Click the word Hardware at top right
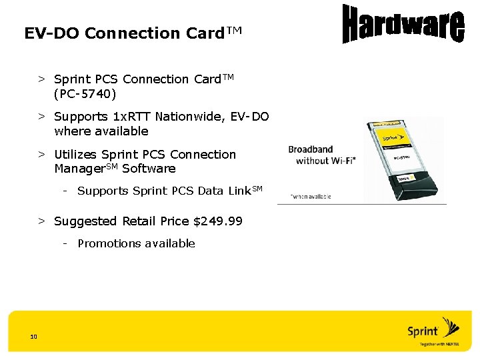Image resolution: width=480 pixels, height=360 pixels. pos(403,25)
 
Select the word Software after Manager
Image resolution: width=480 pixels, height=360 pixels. pos(149,169)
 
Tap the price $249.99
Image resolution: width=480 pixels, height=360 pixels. pos(217,221)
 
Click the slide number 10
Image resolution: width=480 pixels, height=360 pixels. pos(33,336)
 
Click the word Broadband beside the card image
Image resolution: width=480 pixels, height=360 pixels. pos(310,149)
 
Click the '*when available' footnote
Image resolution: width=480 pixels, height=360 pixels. pos(310,197)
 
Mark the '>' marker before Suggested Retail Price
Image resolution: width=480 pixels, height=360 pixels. pos(41,221)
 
